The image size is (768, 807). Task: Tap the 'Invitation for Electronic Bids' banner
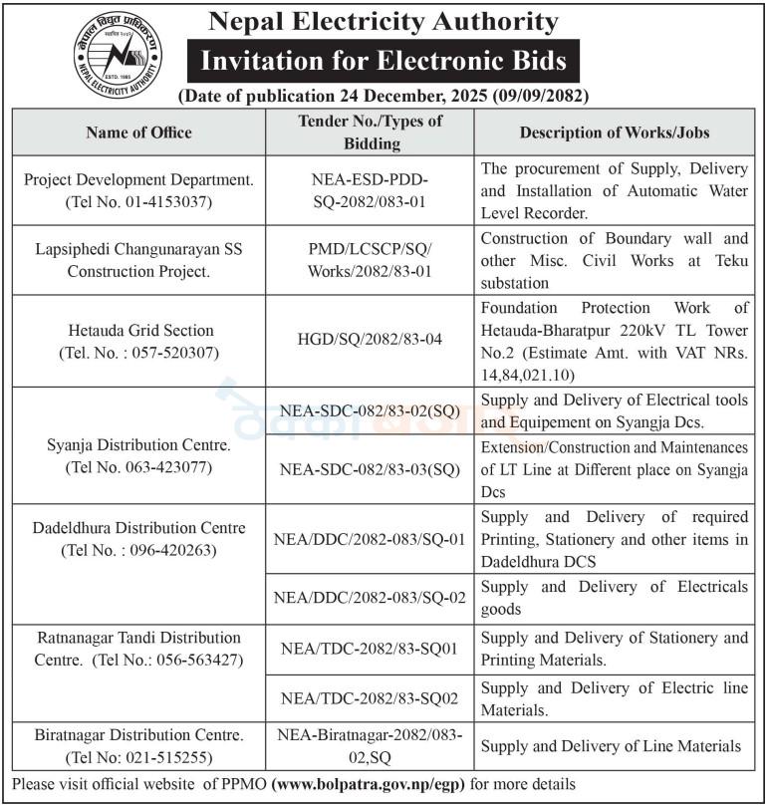384,62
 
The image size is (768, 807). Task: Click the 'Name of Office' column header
138,133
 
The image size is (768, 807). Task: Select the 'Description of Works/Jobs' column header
615,133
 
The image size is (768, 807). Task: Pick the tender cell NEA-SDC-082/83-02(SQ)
371,410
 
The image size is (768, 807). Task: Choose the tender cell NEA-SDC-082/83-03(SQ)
371,467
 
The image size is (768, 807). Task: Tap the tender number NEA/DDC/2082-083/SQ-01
371,539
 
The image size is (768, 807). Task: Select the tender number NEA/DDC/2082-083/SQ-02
371,598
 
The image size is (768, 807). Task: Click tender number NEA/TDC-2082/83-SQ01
371,649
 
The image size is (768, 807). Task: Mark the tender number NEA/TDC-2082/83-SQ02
371,697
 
